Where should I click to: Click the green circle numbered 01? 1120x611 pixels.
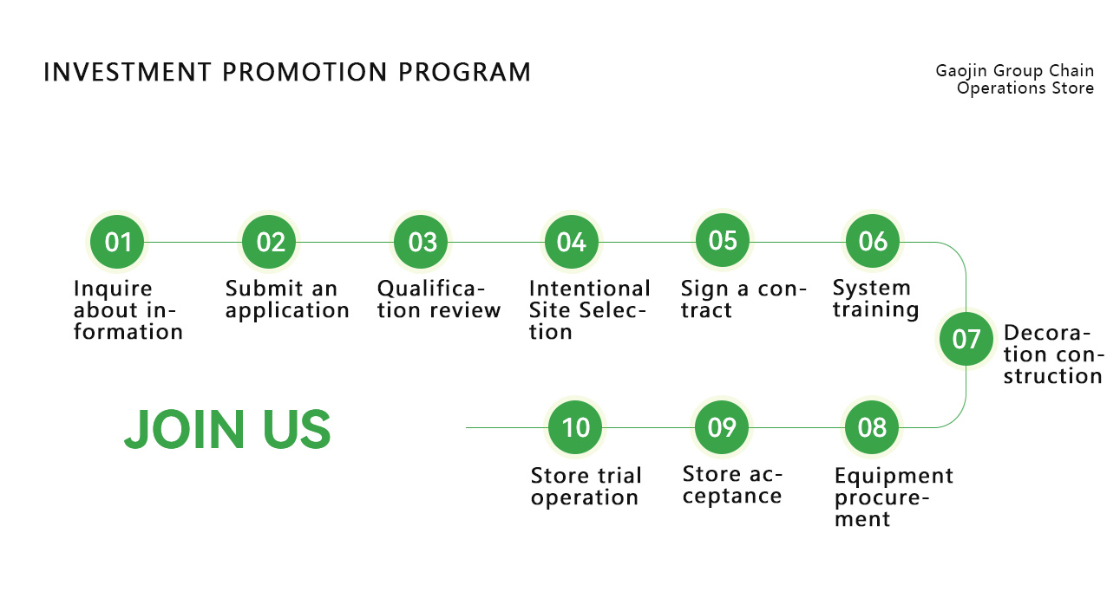117,242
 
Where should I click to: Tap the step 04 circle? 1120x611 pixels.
572,242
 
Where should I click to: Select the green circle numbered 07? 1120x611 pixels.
966,339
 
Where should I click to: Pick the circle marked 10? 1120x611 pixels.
575,427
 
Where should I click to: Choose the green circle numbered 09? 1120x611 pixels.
722,427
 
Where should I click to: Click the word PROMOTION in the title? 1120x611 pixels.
305,73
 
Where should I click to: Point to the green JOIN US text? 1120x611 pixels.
227,429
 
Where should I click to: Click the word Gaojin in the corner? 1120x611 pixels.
962,71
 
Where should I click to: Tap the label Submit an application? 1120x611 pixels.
287,299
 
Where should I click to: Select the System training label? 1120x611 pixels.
875,298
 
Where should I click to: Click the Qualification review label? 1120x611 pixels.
438,299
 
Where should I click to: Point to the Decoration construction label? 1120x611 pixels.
1053,354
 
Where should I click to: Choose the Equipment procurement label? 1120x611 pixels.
894,497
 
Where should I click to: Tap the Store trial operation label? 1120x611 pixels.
586,486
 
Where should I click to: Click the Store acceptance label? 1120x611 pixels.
732,484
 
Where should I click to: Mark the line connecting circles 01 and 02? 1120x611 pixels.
193,243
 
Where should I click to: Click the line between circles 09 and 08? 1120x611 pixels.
796,427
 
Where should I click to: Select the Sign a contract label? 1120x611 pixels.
743,299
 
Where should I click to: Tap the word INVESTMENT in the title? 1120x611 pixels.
127,73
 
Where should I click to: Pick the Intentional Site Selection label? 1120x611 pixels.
590,309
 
